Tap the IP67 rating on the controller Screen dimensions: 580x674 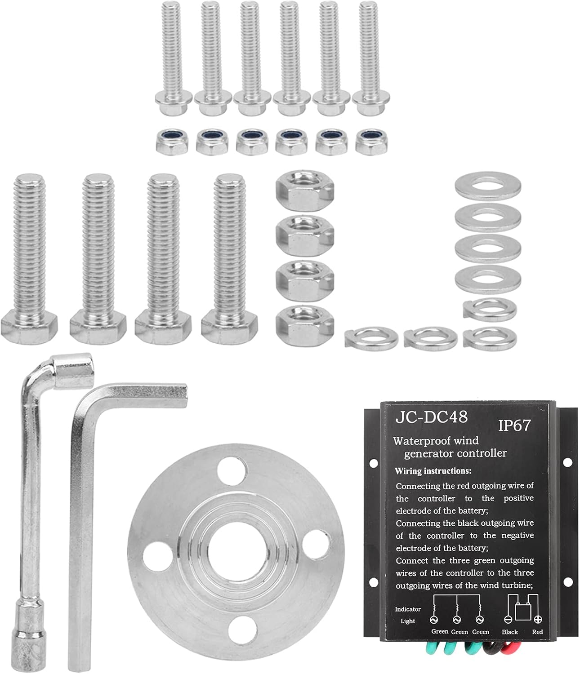(514, 425)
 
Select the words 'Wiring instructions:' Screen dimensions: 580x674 (433, 471)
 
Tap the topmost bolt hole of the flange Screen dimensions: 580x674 (232, 470)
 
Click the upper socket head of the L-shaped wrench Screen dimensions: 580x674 (73, 371)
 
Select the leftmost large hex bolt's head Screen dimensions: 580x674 (29, 327)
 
